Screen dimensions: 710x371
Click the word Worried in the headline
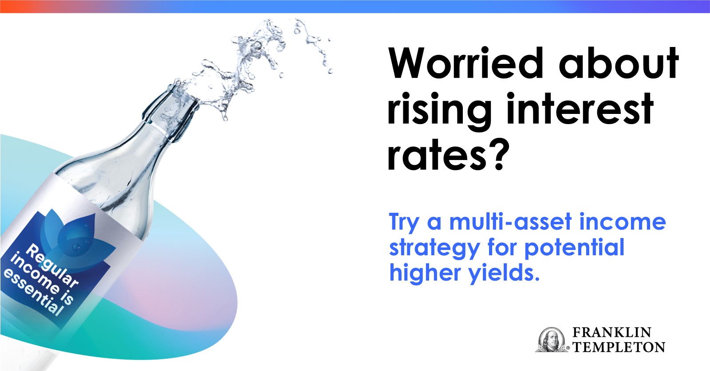(x=466, y=63)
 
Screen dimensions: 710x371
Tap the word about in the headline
(x=619, y=63)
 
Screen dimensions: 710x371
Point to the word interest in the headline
(x=580, y=109)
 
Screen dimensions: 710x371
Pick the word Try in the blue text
(x=405, y=223)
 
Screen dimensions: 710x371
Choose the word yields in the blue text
(x=504, y=273)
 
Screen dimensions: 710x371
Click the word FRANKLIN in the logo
(x=612, y=332)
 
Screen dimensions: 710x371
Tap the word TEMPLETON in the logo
(x=619, y=347)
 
